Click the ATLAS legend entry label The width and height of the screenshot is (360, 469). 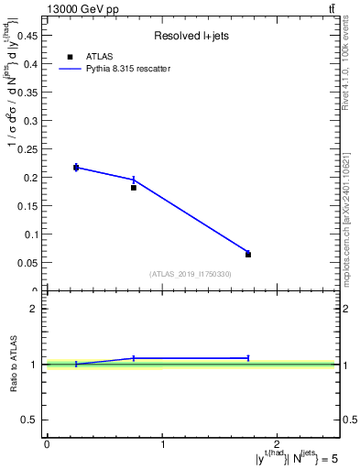[99, 56]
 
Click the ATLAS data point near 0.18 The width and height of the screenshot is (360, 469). [134, 187]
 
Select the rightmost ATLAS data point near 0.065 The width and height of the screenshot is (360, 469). [248, 255]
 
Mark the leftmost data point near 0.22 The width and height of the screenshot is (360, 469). [76, 167]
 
